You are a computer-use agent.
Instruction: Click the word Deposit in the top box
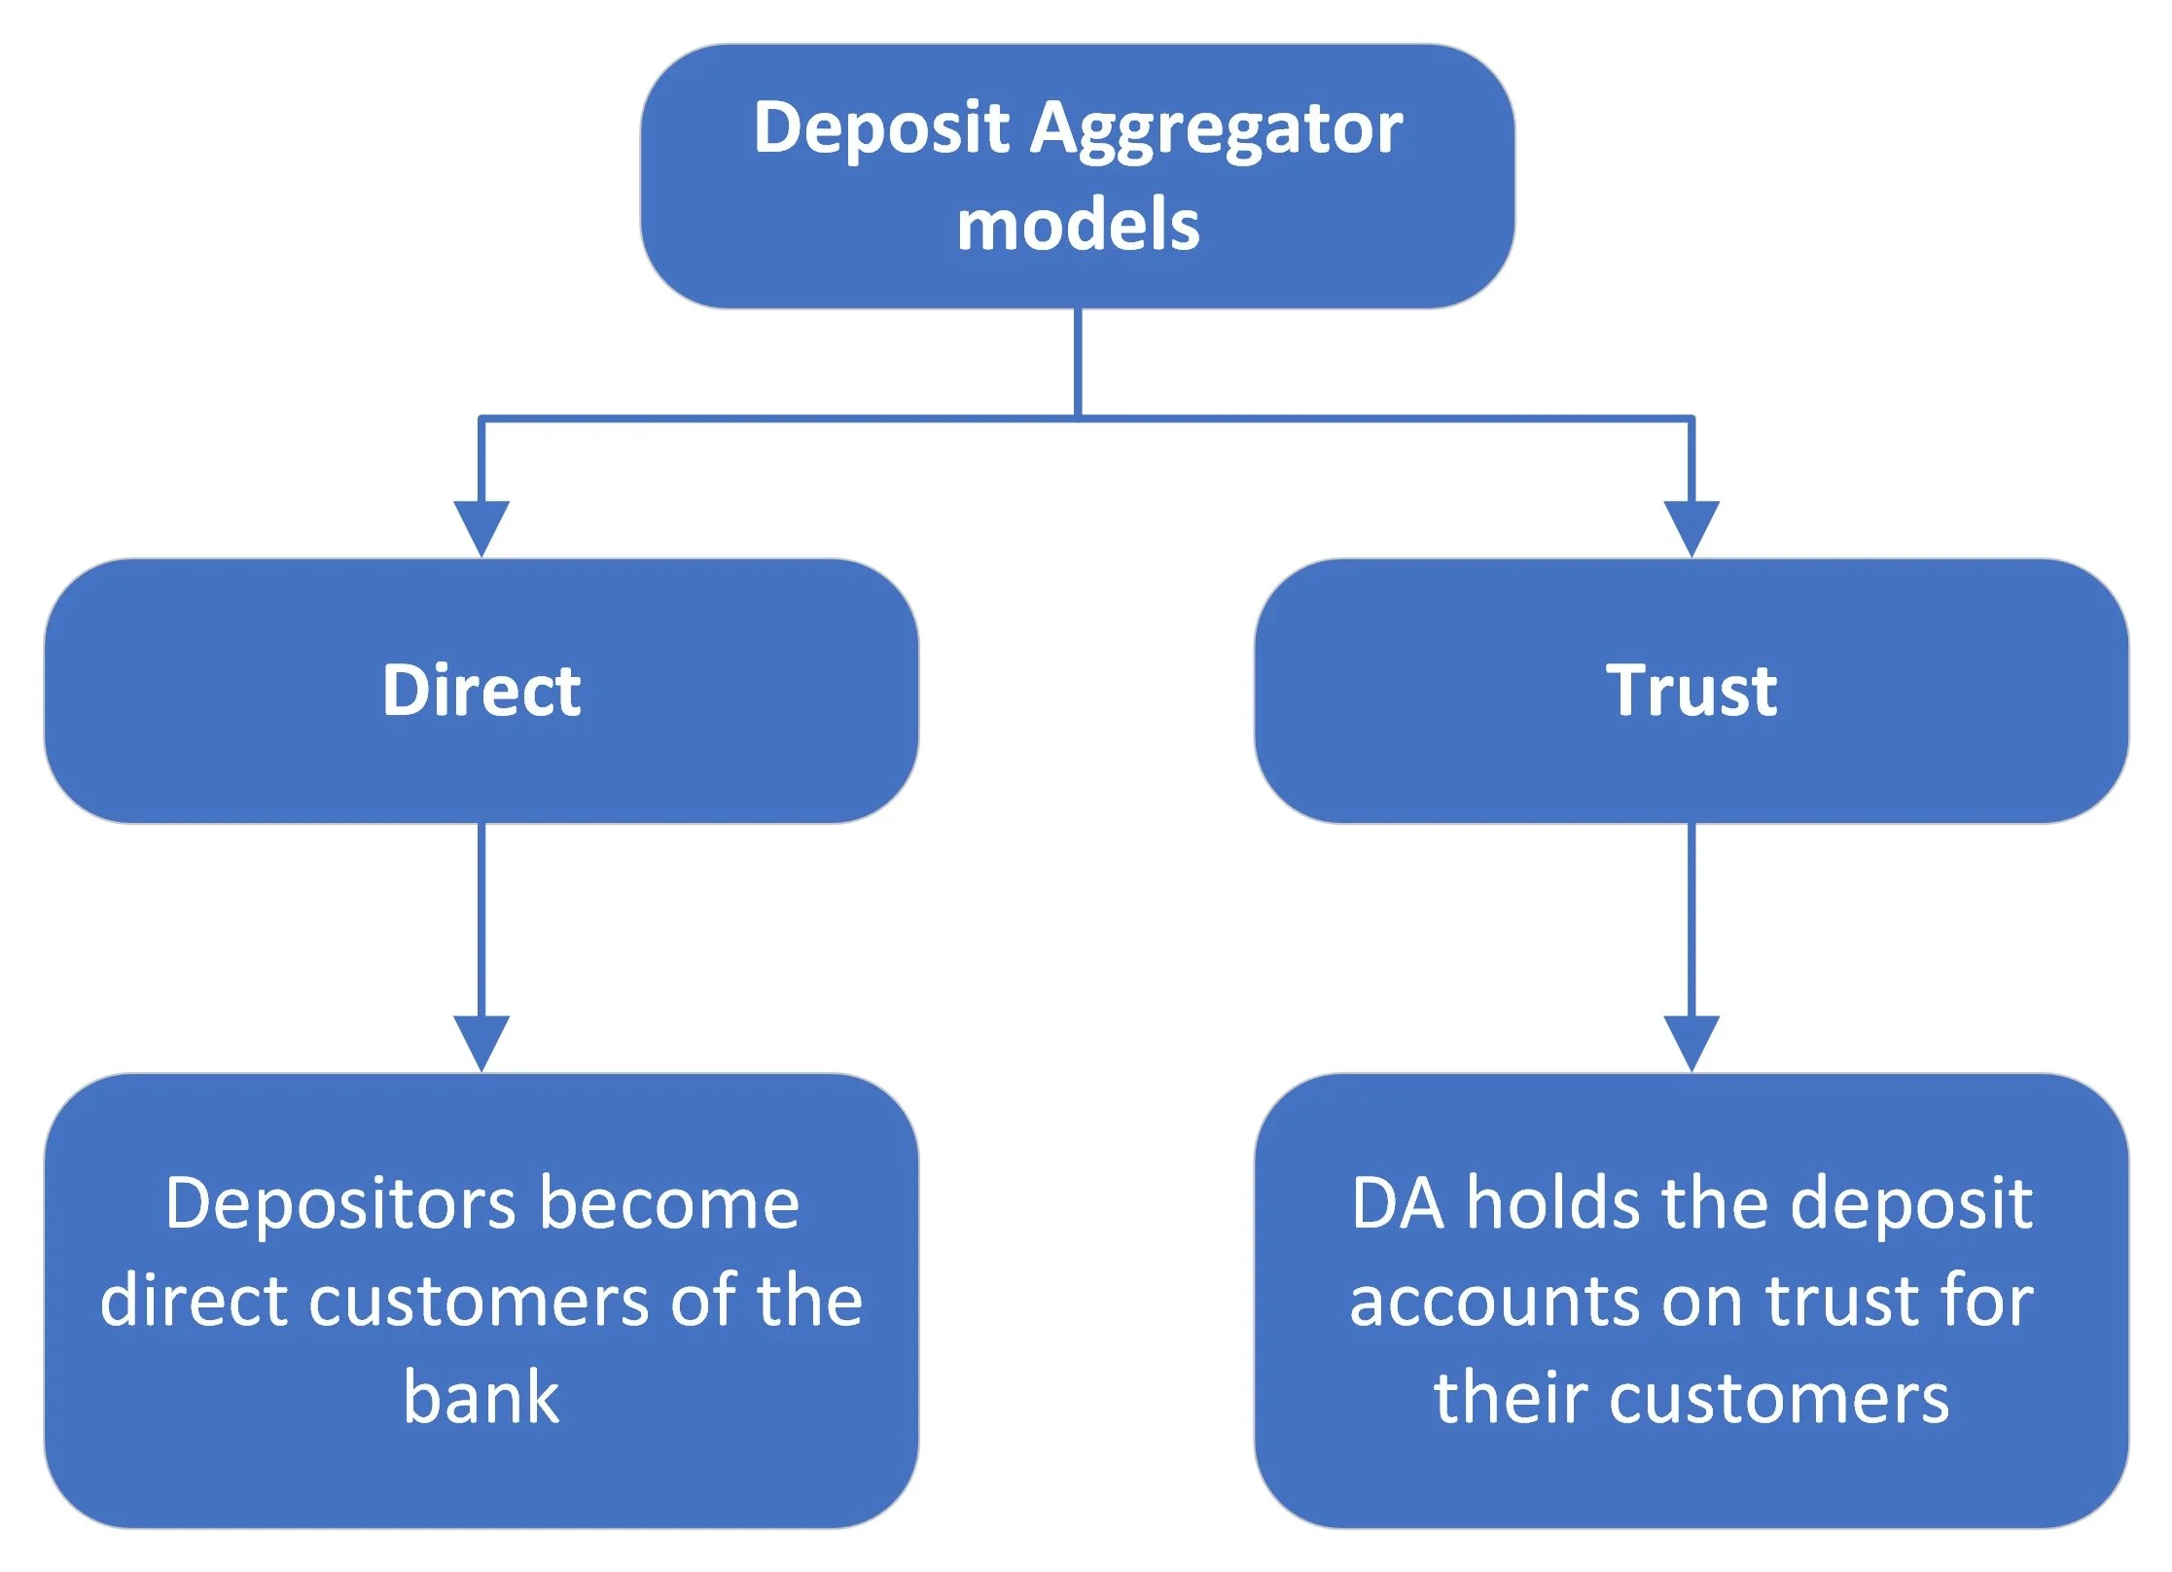(x=880, y=129)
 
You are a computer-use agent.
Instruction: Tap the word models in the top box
(x=1078, y=226)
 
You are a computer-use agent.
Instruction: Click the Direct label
(x=481, y=691)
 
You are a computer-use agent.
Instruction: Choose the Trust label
(x=1691, y=691)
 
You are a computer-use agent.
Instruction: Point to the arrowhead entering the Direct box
(x=481, y=528)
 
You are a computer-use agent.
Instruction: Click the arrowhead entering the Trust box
(x=1691, y=528)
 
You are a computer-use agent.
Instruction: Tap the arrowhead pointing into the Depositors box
(x=481, y=1043)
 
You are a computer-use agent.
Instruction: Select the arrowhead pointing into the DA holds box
(x=1691, y=1043)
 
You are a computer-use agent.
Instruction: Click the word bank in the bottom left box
(x=481, y=1398)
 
